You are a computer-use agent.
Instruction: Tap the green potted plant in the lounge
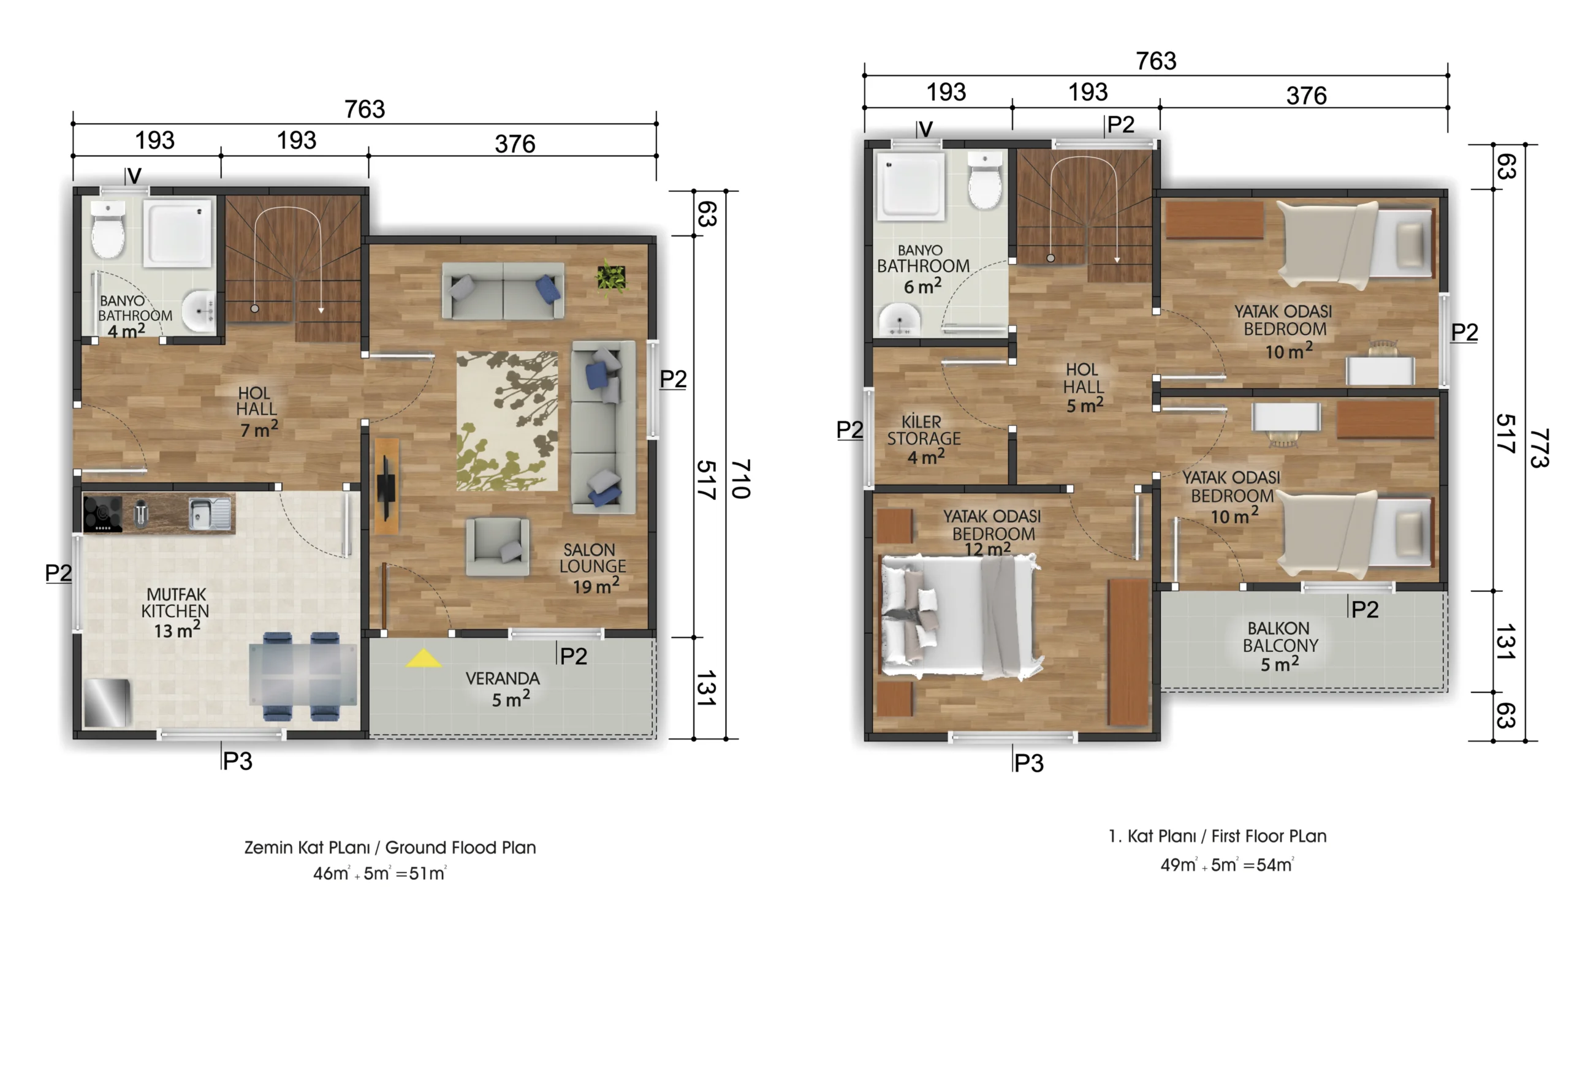point(611,278)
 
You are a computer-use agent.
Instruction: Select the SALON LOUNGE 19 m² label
point(592,568)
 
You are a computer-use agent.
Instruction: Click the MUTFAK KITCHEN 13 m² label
point(175,612)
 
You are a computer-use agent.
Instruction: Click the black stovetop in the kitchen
point(102,513)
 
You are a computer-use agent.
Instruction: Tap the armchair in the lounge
point(497,546)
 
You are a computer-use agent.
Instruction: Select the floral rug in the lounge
point(507,420)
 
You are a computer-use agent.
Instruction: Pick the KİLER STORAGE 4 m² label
point(923,439)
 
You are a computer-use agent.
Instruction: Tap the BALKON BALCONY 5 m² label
point(1280,646)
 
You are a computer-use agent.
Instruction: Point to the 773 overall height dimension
point(1538,448)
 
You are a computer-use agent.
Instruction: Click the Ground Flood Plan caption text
point(460,847)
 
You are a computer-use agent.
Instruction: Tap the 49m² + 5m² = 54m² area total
point(1227,865)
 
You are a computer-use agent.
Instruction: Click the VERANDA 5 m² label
point(503,688)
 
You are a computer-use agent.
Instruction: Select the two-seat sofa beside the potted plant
point(503,291)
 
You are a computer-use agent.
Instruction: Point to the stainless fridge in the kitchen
point(106,703)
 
